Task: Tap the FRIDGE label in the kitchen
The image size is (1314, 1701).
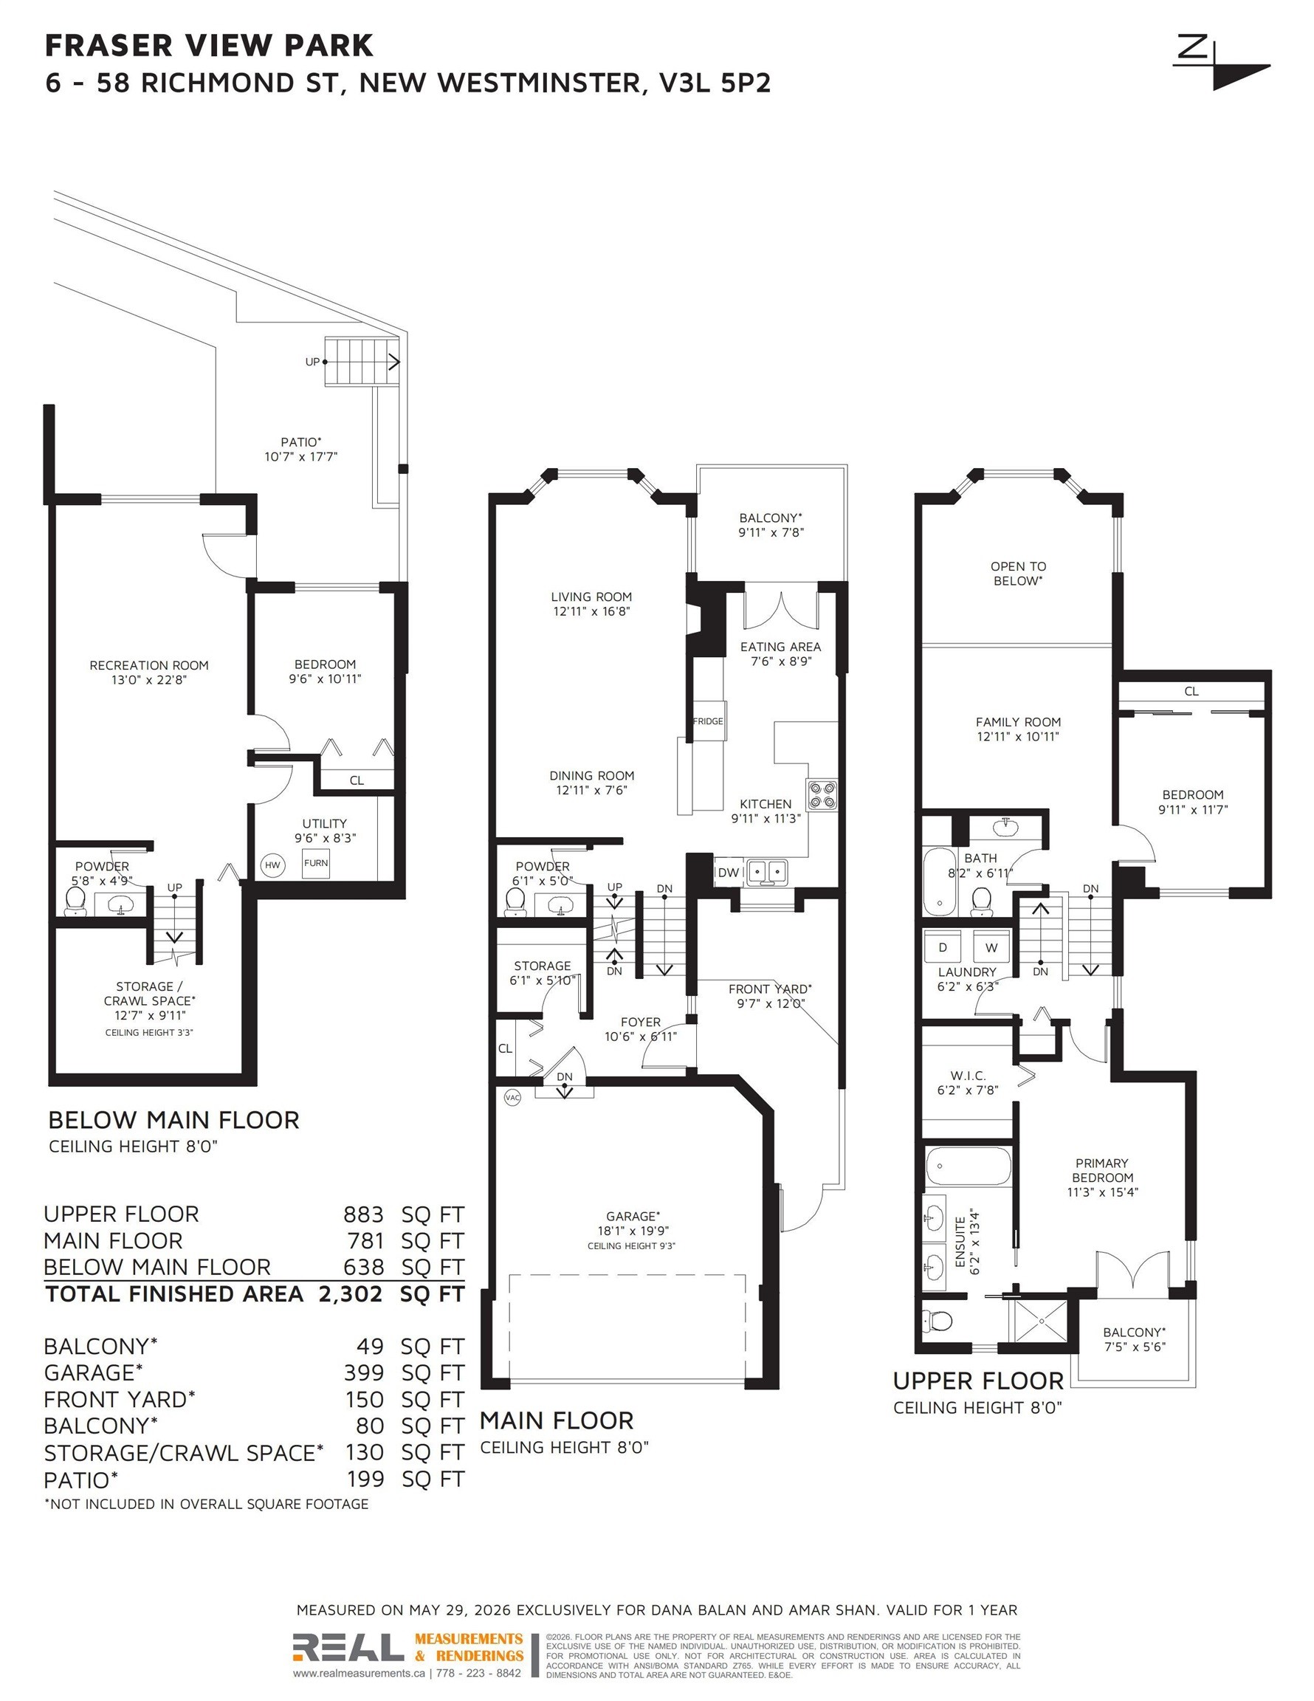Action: coord(708,721)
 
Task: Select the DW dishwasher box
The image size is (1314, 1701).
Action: coord(727,873)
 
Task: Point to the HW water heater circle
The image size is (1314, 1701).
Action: coord(272,865)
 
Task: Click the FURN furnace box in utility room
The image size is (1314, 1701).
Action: coord(316,864)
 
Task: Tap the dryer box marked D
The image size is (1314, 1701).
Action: coord(943,947)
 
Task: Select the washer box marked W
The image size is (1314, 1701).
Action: coord(991,947)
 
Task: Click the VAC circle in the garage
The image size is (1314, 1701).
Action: coord(512,1097)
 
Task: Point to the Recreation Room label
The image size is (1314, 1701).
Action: coord(149,665)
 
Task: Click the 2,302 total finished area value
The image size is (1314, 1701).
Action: coord(351,1293)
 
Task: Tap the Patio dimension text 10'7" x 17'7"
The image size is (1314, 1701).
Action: coord(300,456)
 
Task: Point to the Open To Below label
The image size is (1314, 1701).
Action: coord(1018,573)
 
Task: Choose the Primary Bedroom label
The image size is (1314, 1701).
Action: coord(1101,1170)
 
